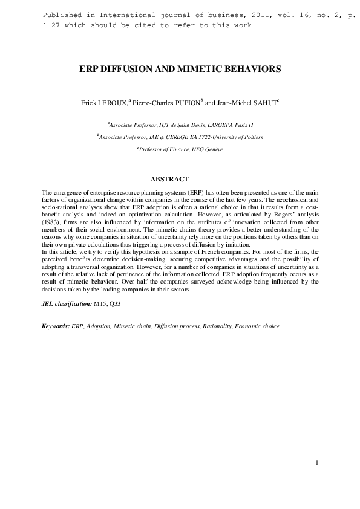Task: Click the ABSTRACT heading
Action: pyautogui.click(x=169, y=179)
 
